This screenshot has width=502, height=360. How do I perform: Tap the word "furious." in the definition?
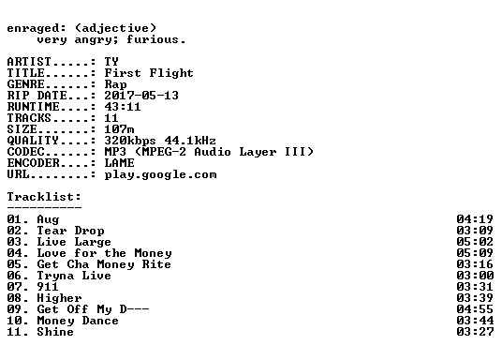pyautogui.click(x=155, y=39)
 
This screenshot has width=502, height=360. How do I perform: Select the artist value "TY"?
pyautogui.click(x=111, y=62)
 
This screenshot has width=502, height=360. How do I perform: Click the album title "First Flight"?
pyautogui.click(x=149, y=73)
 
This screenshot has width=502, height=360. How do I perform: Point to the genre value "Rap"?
pyautogui.click(x=115, y=84)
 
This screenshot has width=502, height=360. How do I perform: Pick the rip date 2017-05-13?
pyautogui.click(x=141, y=96)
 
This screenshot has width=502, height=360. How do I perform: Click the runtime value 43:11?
pyautogui.click(x=123, y=107)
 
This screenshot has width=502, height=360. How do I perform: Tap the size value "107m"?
pyautogui.click(x=119, y=129)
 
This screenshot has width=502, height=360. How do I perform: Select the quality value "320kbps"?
pyautogui.click(x=130, y=141)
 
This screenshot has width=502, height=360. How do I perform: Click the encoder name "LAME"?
pyautogui.click(x=119, y=163)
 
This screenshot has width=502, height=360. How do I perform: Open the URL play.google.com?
pyautogui.click(x=160, y=174)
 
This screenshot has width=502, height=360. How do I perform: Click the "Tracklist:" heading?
pyautogui.click(x=44, y=197)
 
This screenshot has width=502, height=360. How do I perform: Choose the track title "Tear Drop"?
pyautogui.click(x=70, y=231)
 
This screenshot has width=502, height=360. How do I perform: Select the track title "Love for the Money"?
pyautogui.click(x=104, y=253)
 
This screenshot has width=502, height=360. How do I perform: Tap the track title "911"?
pyautogui.click(x=48, y=287)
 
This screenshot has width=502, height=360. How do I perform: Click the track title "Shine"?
pyautogui.click(x=55, y=332)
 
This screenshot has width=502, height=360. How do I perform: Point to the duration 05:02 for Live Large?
pyautogui.click(x=475, y=242)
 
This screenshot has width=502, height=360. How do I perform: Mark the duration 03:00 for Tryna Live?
pyautogui.click(x=475, y=276)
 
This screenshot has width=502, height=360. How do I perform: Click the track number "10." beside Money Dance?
pyautogui.click(x=18, y=321)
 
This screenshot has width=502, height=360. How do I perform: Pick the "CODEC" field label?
pyautogui.click(x=26, y=152)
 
